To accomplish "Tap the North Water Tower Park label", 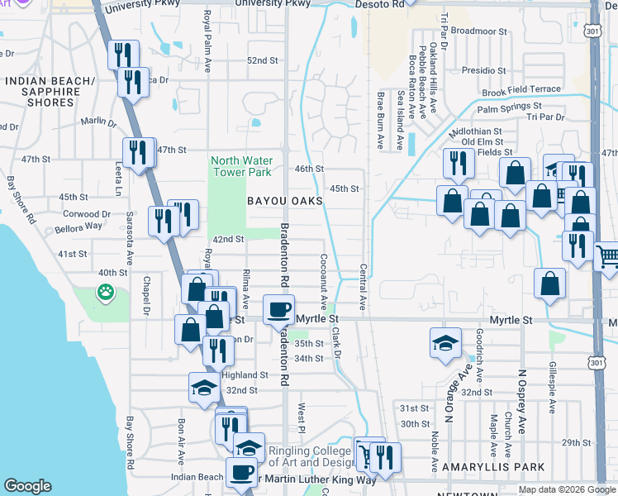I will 240,166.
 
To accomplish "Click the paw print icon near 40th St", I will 106,291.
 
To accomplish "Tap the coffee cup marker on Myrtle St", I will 278,309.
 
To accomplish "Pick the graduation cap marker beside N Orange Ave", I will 445,342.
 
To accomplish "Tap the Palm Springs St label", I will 509,107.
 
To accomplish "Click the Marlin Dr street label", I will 99,122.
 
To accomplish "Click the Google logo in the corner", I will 28,486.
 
